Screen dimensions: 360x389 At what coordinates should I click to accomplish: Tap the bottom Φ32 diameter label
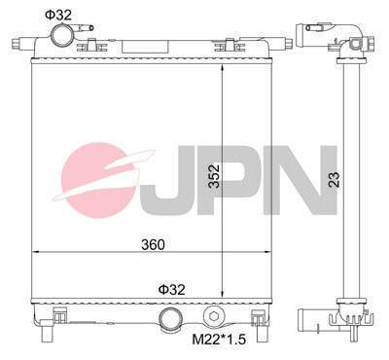tap(173, 289)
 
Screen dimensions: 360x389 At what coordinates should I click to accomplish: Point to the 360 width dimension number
tap(154, 243)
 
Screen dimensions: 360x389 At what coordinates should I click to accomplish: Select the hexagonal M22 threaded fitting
tap(214, 318)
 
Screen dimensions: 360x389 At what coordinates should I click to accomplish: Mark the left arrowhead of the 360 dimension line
tap(37, 252)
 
